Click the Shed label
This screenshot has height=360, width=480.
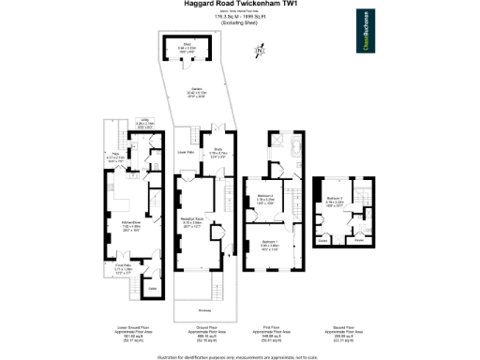tap(187, 45)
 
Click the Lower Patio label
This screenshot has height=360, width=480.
tap(186, 151)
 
